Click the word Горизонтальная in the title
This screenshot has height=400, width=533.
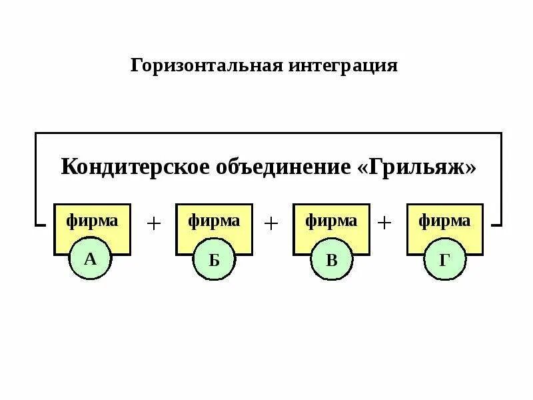tap(207, 66)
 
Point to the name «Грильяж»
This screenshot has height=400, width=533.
tap(417, 166)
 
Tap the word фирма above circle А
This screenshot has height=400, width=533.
tap(92, 221)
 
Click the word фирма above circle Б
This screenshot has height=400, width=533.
tap(214, 221)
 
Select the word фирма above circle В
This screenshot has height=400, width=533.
tap(331, 221)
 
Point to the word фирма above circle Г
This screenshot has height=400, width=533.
tap(444, 221)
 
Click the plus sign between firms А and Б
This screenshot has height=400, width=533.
tap(154, 223)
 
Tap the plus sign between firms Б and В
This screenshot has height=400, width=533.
tap(270, 223)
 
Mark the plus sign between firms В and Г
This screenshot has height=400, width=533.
tap(384, 223)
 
